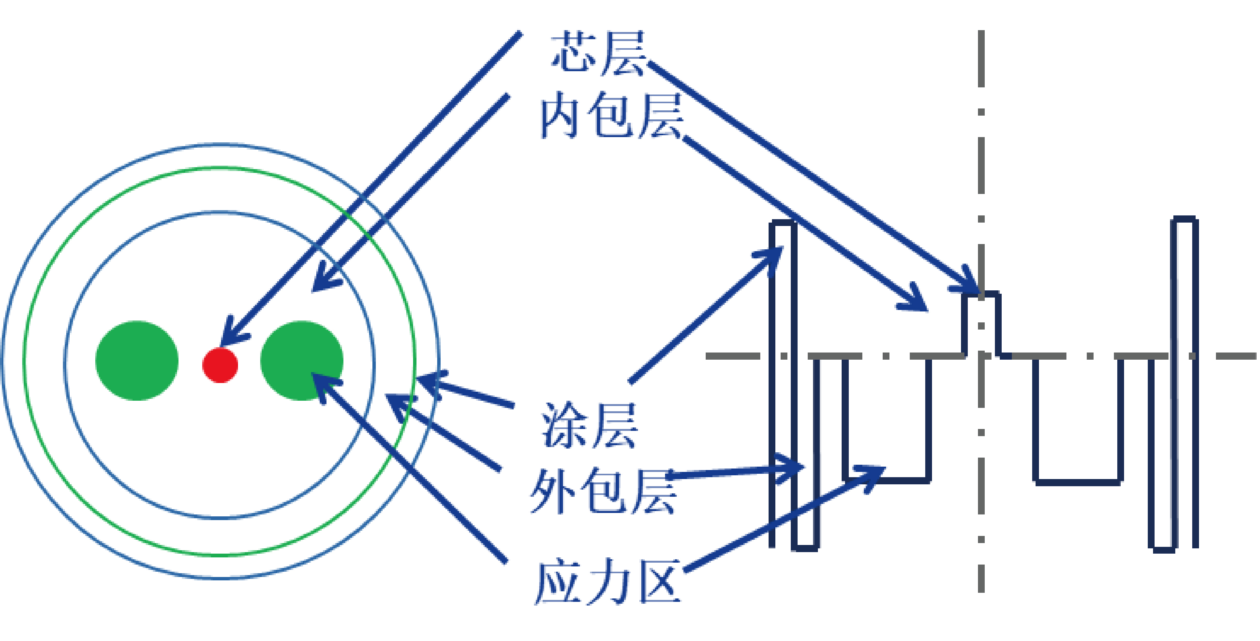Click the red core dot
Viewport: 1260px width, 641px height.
coord(220,365)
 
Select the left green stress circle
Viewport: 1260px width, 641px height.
coord(137,361)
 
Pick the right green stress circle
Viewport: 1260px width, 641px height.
coord(302,361)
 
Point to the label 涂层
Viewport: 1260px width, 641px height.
coord(589,426)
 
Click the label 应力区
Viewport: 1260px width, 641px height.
coord(607,582)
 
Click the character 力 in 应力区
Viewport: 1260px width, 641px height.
coord(607,582)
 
